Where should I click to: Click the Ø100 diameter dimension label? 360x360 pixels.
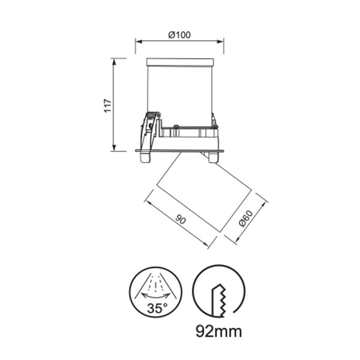tap(180, 35)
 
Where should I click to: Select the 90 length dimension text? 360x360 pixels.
tap(181, 220)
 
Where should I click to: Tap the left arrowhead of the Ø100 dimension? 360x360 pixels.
tap(137, 42)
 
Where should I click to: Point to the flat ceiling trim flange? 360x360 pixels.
tap(180, 149)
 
